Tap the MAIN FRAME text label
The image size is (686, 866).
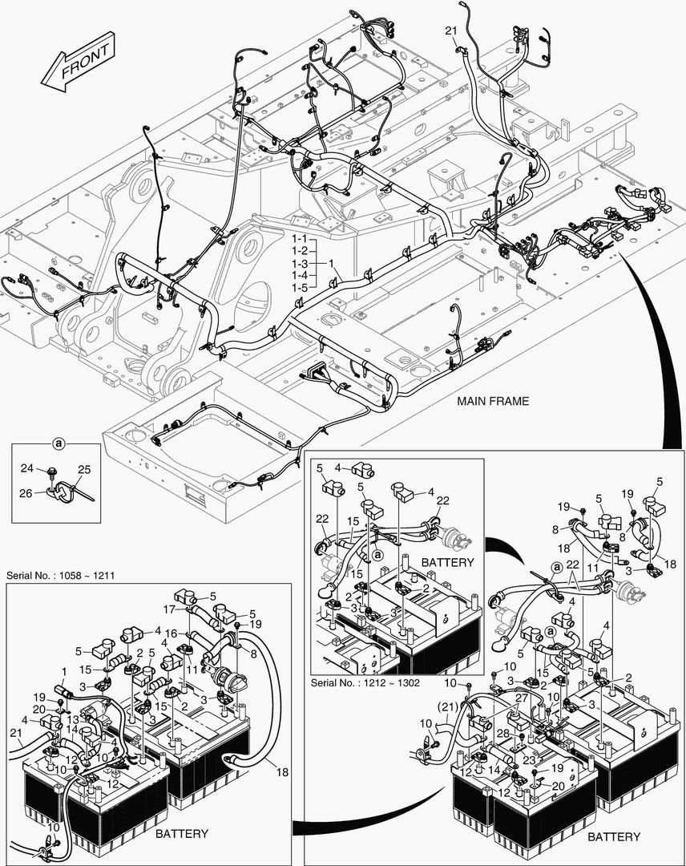pyautogui.click(x=493, y=401)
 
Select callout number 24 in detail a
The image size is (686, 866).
pyautogui.click(x=26, y=468)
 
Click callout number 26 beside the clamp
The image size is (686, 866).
pyautogui.click(x=26, y=493)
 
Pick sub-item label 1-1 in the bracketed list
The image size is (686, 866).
pyautogui.click(x=300, y=240)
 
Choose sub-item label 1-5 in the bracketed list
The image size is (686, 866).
pyautogui.click(x=300, y=287)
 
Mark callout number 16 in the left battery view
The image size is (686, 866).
pyautogui.click(x=171, y=633)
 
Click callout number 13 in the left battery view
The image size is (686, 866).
pyautogui.click(x=73, y=720)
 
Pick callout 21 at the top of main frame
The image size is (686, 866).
pyautogui.click(x=450, y=30)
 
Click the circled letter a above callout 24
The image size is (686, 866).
pyautogui.click(x=59, y=443)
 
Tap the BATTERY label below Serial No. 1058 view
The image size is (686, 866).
pyautogui.click(x=181, y=834)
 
